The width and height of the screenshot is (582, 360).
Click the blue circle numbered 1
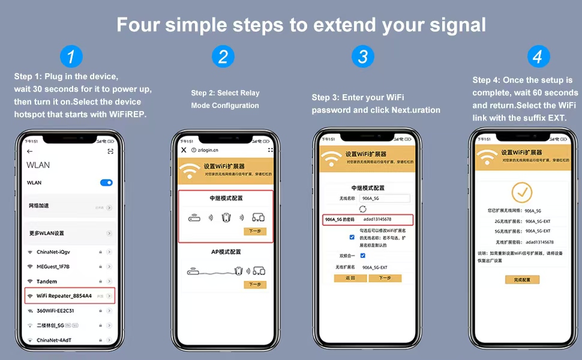click(71, 57)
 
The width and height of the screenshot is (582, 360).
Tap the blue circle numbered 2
click(223, 57)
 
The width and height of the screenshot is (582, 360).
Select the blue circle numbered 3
click(362, 57)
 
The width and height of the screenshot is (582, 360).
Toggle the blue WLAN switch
click(106, 182)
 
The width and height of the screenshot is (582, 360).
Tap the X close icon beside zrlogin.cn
click(184, 150)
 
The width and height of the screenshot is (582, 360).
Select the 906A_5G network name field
click(385, 198)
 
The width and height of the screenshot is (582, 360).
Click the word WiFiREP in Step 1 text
click(126, 115)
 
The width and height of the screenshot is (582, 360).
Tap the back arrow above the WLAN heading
click(30, 151)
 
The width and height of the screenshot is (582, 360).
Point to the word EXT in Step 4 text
click(555, 118)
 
